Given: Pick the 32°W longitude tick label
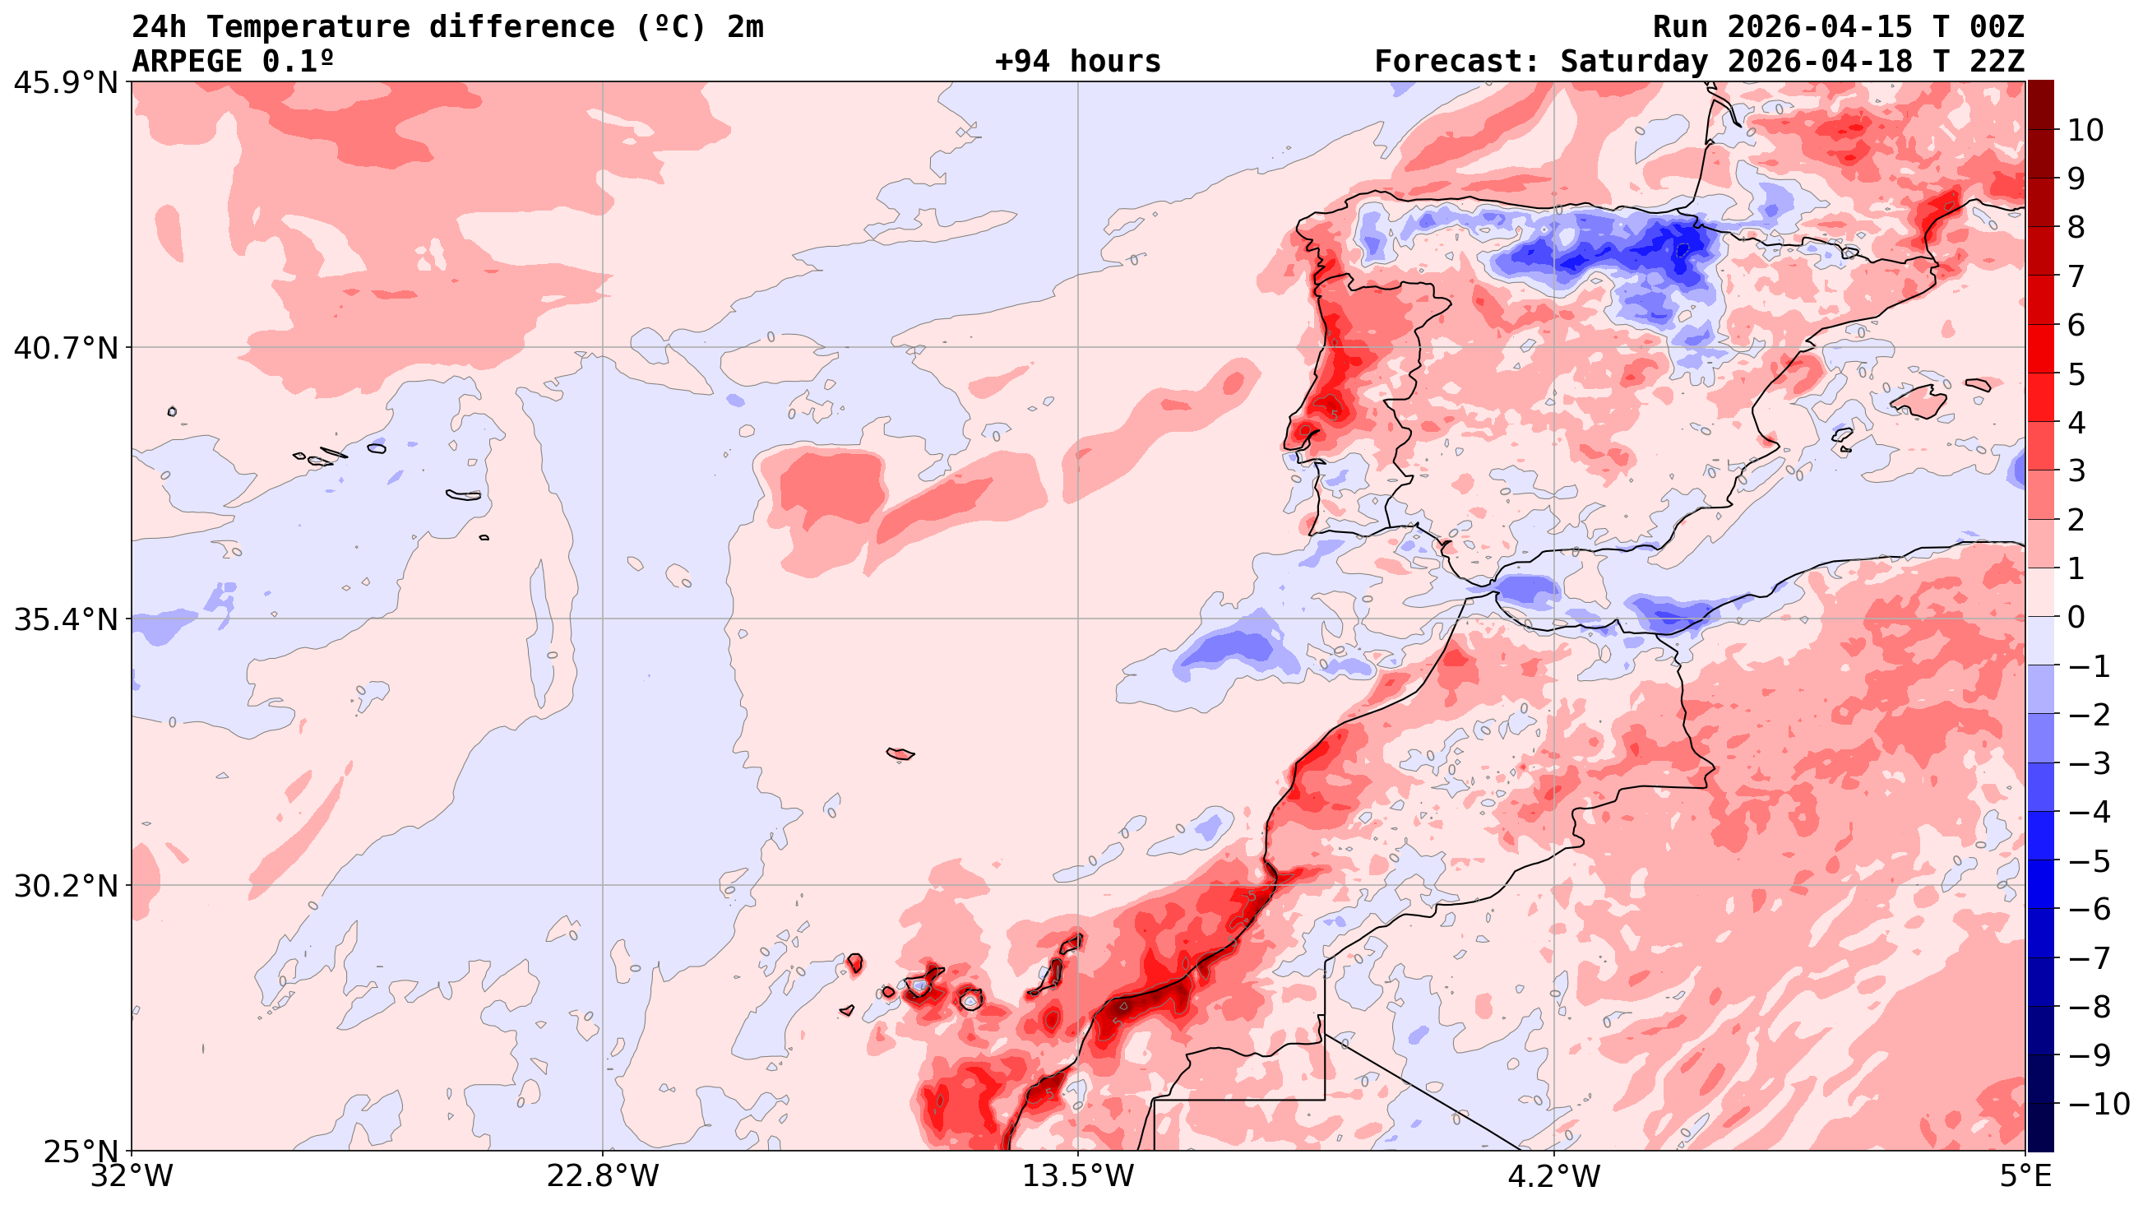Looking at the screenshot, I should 132,1177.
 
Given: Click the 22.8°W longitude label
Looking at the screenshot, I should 602,1177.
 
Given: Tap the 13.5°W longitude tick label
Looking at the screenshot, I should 1078,1177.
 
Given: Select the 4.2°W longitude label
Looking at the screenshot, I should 1554,1177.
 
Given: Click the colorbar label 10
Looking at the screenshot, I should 2085,131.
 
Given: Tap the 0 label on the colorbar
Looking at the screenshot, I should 2076,618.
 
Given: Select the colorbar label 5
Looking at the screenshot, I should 2076,374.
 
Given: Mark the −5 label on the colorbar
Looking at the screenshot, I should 2089,861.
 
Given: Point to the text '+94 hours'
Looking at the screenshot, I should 1077,62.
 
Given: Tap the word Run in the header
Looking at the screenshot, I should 1680,27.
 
